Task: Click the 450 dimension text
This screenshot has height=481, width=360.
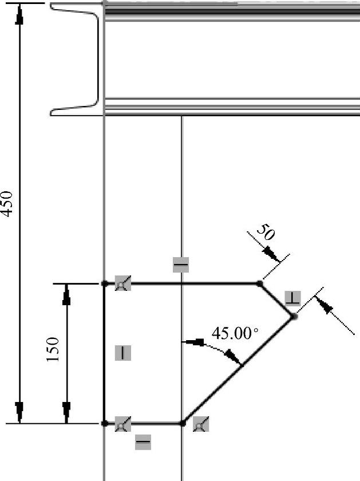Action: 7,204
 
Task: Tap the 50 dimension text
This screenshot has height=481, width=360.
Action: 264,232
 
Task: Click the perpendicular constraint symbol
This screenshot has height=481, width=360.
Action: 292,298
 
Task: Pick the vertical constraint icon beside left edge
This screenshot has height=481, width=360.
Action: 122,353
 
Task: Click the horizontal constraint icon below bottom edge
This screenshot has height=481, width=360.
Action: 143,441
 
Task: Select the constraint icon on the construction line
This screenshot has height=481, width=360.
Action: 180,265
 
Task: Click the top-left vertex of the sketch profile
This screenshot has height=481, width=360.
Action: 104,283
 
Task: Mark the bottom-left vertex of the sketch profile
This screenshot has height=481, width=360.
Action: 104,423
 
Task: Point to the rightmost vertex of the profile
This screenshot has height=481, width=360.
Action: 294,316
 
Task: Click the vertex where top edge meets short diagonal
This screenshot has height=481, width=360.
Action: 259,283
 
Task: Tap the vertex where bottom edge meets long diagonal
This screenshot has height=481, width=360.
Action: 182,423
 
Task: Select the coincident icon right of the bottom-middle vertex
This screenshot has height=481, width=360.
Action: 200,425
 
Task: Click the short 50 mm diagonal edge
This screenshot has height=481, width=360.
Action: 276,299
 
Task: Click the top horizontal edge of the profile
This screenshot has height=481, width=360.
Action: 183,283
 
